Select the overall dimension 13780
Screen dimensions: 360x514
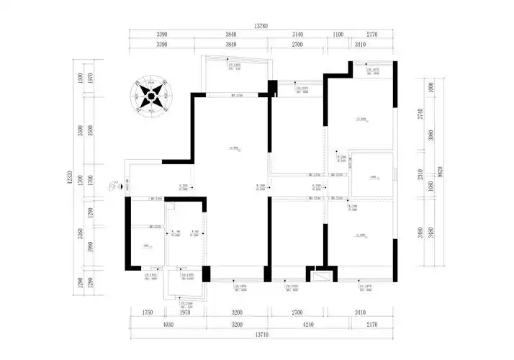click(x=261, y=27)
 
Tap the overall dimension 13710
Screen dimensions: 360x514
click(x=261, y=336)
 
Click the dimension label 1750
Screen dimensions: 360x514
click(x=148, y=313)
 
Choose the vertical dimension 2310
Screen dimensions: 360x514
click(x=431, y=174)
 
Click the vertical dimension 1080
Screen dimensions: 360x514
click(x=431, y=186)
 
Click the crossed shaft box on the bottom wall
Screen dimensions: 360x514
click(x=319, y=274)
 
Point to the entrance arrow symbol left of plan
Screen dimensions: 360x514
click(x=114, y=185)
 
